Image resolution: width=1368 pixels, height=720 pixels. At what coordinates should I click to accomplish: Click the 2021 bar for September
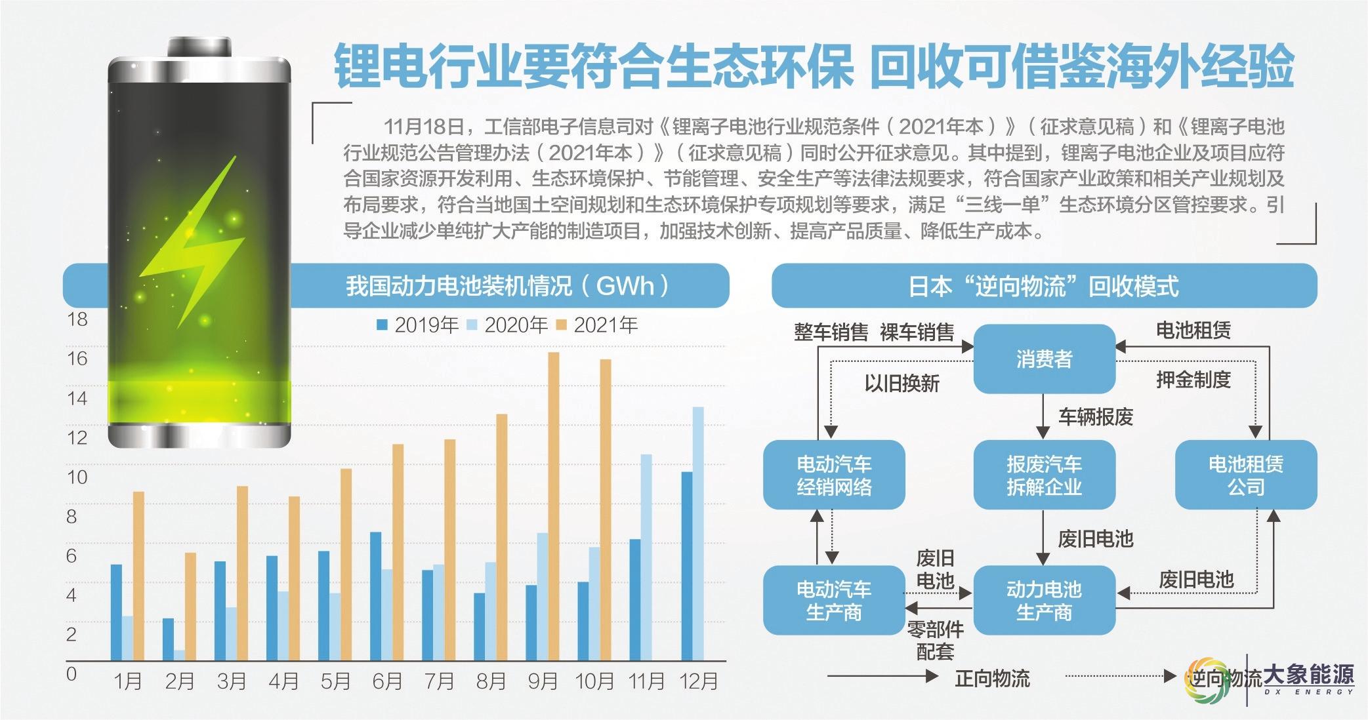(553, 506)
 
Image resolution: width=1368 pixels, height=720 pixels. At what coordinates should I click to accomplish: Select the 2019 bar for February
(169, 639)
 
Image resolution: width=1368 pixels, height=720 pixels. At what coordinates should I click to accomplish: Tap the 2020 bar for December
(698, 533)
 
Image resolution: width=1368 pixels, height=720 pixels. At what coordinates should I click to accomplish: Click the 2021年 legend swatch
(562, 325)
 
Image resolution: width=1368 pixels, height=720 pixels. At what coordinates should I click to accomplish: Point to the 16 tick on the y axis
(77, 359)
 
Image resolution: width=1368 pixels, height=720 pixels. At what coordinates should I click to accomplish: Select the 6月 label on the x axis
(386, 681)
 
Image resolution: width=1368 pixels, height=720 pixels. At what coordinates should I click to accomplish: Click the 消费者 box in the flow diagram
(1044, 359)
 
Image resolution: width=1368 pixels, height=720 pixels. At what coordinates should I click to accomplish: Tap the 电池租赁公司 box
(1245, 475)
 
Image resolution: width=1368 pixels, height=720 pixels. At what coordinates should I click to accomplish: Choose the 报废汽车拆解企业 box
(1044, 475)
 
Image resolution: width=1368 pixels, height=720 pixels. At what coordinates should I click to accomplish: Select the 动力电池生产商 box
(1044, 600)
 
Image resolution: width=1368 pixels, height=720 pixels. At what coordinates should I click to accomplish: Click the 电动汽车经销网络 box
(834, 475)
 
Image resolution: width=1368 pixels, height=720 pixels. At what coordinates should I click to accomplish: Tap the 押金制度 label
(1193, 380)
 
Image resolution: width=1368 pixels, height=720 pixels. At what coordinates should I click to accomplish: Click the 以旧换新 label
(902, 383)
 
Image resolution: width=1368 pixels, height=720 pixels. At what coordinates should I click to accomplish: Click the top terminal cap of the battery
(199, 47)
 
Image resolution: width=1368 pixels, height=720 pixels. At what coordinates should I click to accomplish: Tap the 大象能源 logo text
(1308, 676)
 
